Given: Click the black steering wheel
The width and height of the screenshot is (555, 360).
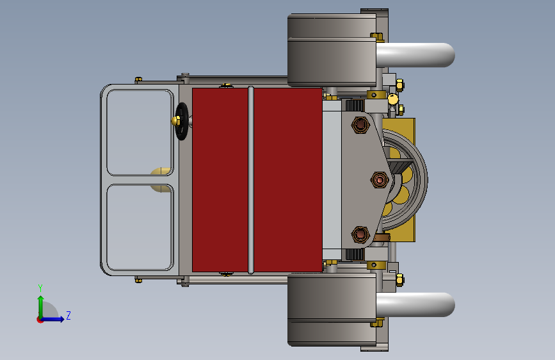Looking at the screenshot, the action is tap(182, 122).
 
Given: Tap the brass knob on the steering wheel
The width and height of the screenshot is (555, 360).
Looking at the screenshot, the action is tap(175, 121).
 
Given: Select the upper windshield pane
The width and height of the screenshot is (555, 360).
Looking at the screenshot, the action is tap(140, 133).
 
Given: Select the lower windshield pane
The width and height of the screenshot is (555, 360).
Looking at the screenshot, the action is tap(140, 227).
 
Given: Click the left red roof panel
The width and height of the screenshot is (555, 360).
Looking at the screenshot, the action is tap(220, 180).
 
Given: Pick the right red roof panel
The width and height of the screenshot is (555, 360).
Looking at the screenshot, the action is tap(288, 180).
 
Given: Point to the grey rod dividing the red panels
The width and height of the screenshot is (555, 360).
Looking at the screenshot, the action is tap(251, 180).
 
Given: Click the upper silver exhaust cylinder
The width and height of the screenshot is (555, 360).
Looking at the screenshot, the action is tap(415, 55).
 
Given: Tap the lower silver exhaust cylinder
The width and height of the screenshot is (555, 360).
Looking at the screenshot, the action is tap(415, 305).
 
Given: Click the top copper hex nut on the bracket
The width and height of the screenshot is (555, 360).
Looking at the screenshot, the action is tap(360, 125).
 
